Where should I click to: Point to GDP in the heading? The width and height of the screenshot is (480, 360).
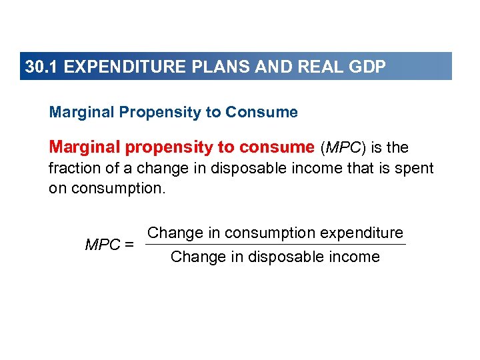367,67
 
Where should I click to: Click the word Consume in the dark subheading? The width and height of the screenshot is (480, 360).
261,112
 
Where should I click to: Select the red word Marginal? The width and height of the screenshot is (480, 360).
83,147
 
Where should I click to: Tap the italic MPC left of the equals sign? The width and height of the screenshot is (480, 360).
103,245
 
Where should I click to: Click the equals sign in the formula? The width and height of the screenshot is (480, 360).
129,245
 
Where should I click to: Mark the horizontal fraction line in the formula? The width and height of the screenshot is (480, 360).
275,245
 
